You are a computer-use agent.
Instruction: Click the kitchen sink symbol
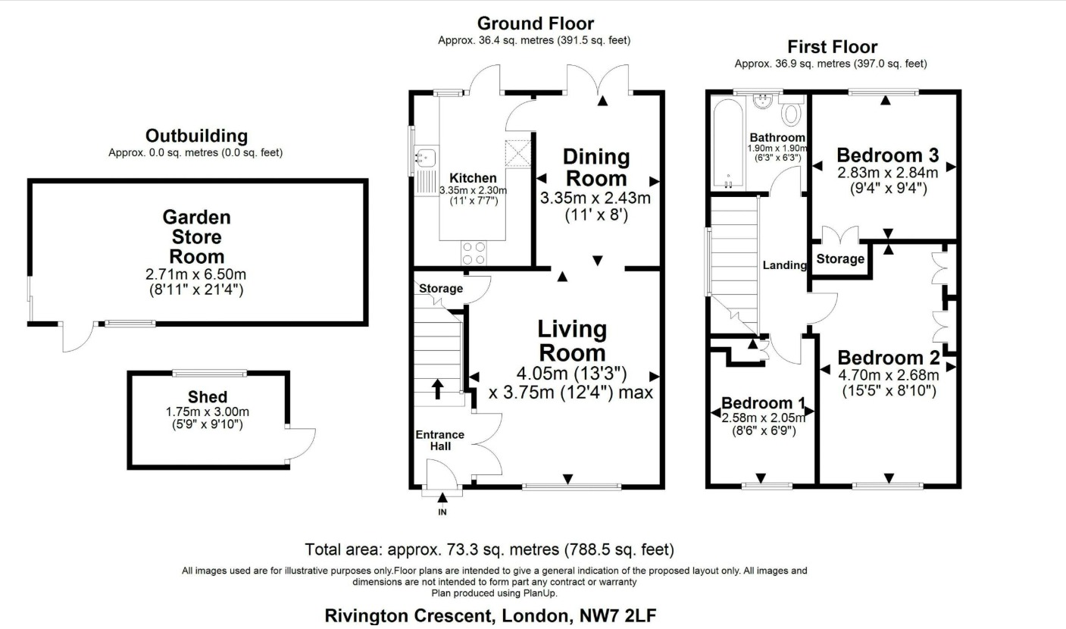pos(426,157)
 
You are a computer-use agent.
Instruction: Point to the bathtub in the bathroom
pos(727,142)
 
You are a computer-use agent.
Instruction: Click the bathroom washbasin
pos(762,101)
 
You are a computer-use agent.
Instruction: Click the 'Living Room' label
pos(572,341)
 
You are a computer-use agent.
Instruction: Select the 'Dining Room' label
pos(596,167)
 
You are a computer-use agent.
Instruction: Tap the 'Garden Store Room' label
pos(196,236)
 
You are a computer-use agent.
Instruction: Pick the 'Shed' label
pos(208,396)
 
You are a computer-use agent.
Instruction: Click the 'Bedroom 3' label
pos(888,155)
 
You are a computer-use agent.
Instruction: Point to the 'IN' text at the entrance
pos(442,512)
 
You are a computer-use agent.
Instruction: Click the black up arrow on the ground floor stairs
pos(438,389)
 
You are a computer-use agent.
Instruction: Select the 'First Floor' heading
pos(833,47)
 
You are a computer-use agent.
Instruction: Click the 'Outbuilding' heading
pos(196,136)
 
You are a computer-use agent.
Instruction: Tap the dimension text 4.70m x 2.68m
pos(889,375)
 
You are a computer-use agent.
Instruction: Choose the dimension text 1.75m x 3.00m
pos(208,412)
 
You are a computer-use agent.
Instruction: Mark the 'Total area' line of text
pos(489,549)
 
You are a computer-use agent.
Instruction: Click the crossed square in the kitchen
pos(517,153)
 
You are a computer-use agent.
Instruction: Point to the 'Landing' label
pos(785,265)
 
